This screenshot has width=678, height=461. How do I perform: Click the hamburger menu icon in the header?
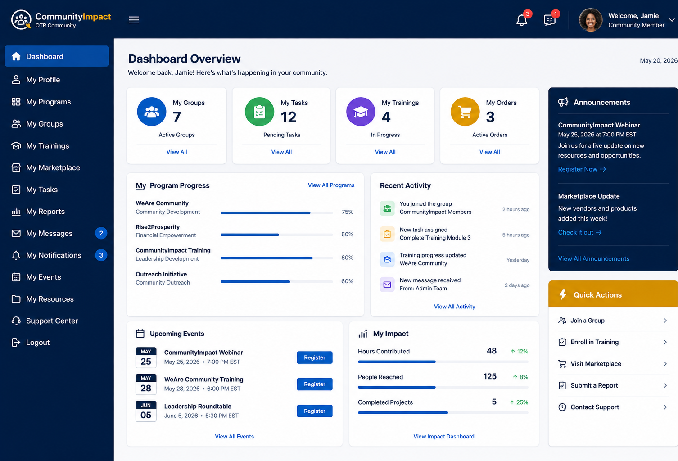coord(134,20)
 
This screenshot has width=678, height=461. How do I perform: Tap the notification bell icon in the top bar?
coord(521,20)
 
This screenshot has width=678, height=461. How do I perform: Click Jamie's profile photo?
coord(591,20)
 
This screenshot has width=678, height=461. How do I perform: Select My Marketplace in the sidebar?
coord(53,167)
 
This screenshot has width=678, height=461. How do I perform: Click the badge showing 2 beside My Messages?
coord(101,233)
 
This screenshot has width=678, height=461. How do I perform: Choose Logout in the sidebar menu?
coord(37,342)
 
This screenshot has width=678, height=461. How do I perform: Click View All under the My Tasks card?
coord(281,152)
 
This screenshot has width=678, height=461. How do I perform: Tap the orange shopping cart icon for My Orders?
coord(465,112)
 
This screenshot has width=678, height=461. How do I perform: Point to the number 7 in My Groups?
coord(177,117)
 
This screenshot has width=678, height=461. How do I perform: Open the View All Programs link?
coord(331,185)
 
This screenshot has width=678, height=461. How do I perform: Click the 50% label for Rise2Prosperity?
coord(347,234)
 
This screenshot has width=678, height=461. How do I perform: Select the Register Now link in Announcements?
coord(582,169)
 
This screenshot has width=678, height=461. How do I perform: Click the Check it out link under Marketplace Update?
coord(579,232)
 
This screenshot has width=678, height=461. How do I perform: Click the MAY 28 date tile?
coord(146,384)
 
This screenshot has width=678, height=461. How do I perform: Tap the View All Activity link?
coord(454,307)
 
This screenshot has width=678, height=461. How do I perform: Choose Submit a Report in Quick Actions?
coord(594,385)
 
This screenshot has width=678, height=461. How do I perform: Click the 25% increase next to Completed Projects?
coord(519,402)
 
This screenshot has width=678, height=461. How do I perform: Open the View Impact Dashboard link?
coord(444,437)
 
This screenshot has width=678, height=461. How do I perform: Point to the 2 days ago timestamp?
coord(517,285)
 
